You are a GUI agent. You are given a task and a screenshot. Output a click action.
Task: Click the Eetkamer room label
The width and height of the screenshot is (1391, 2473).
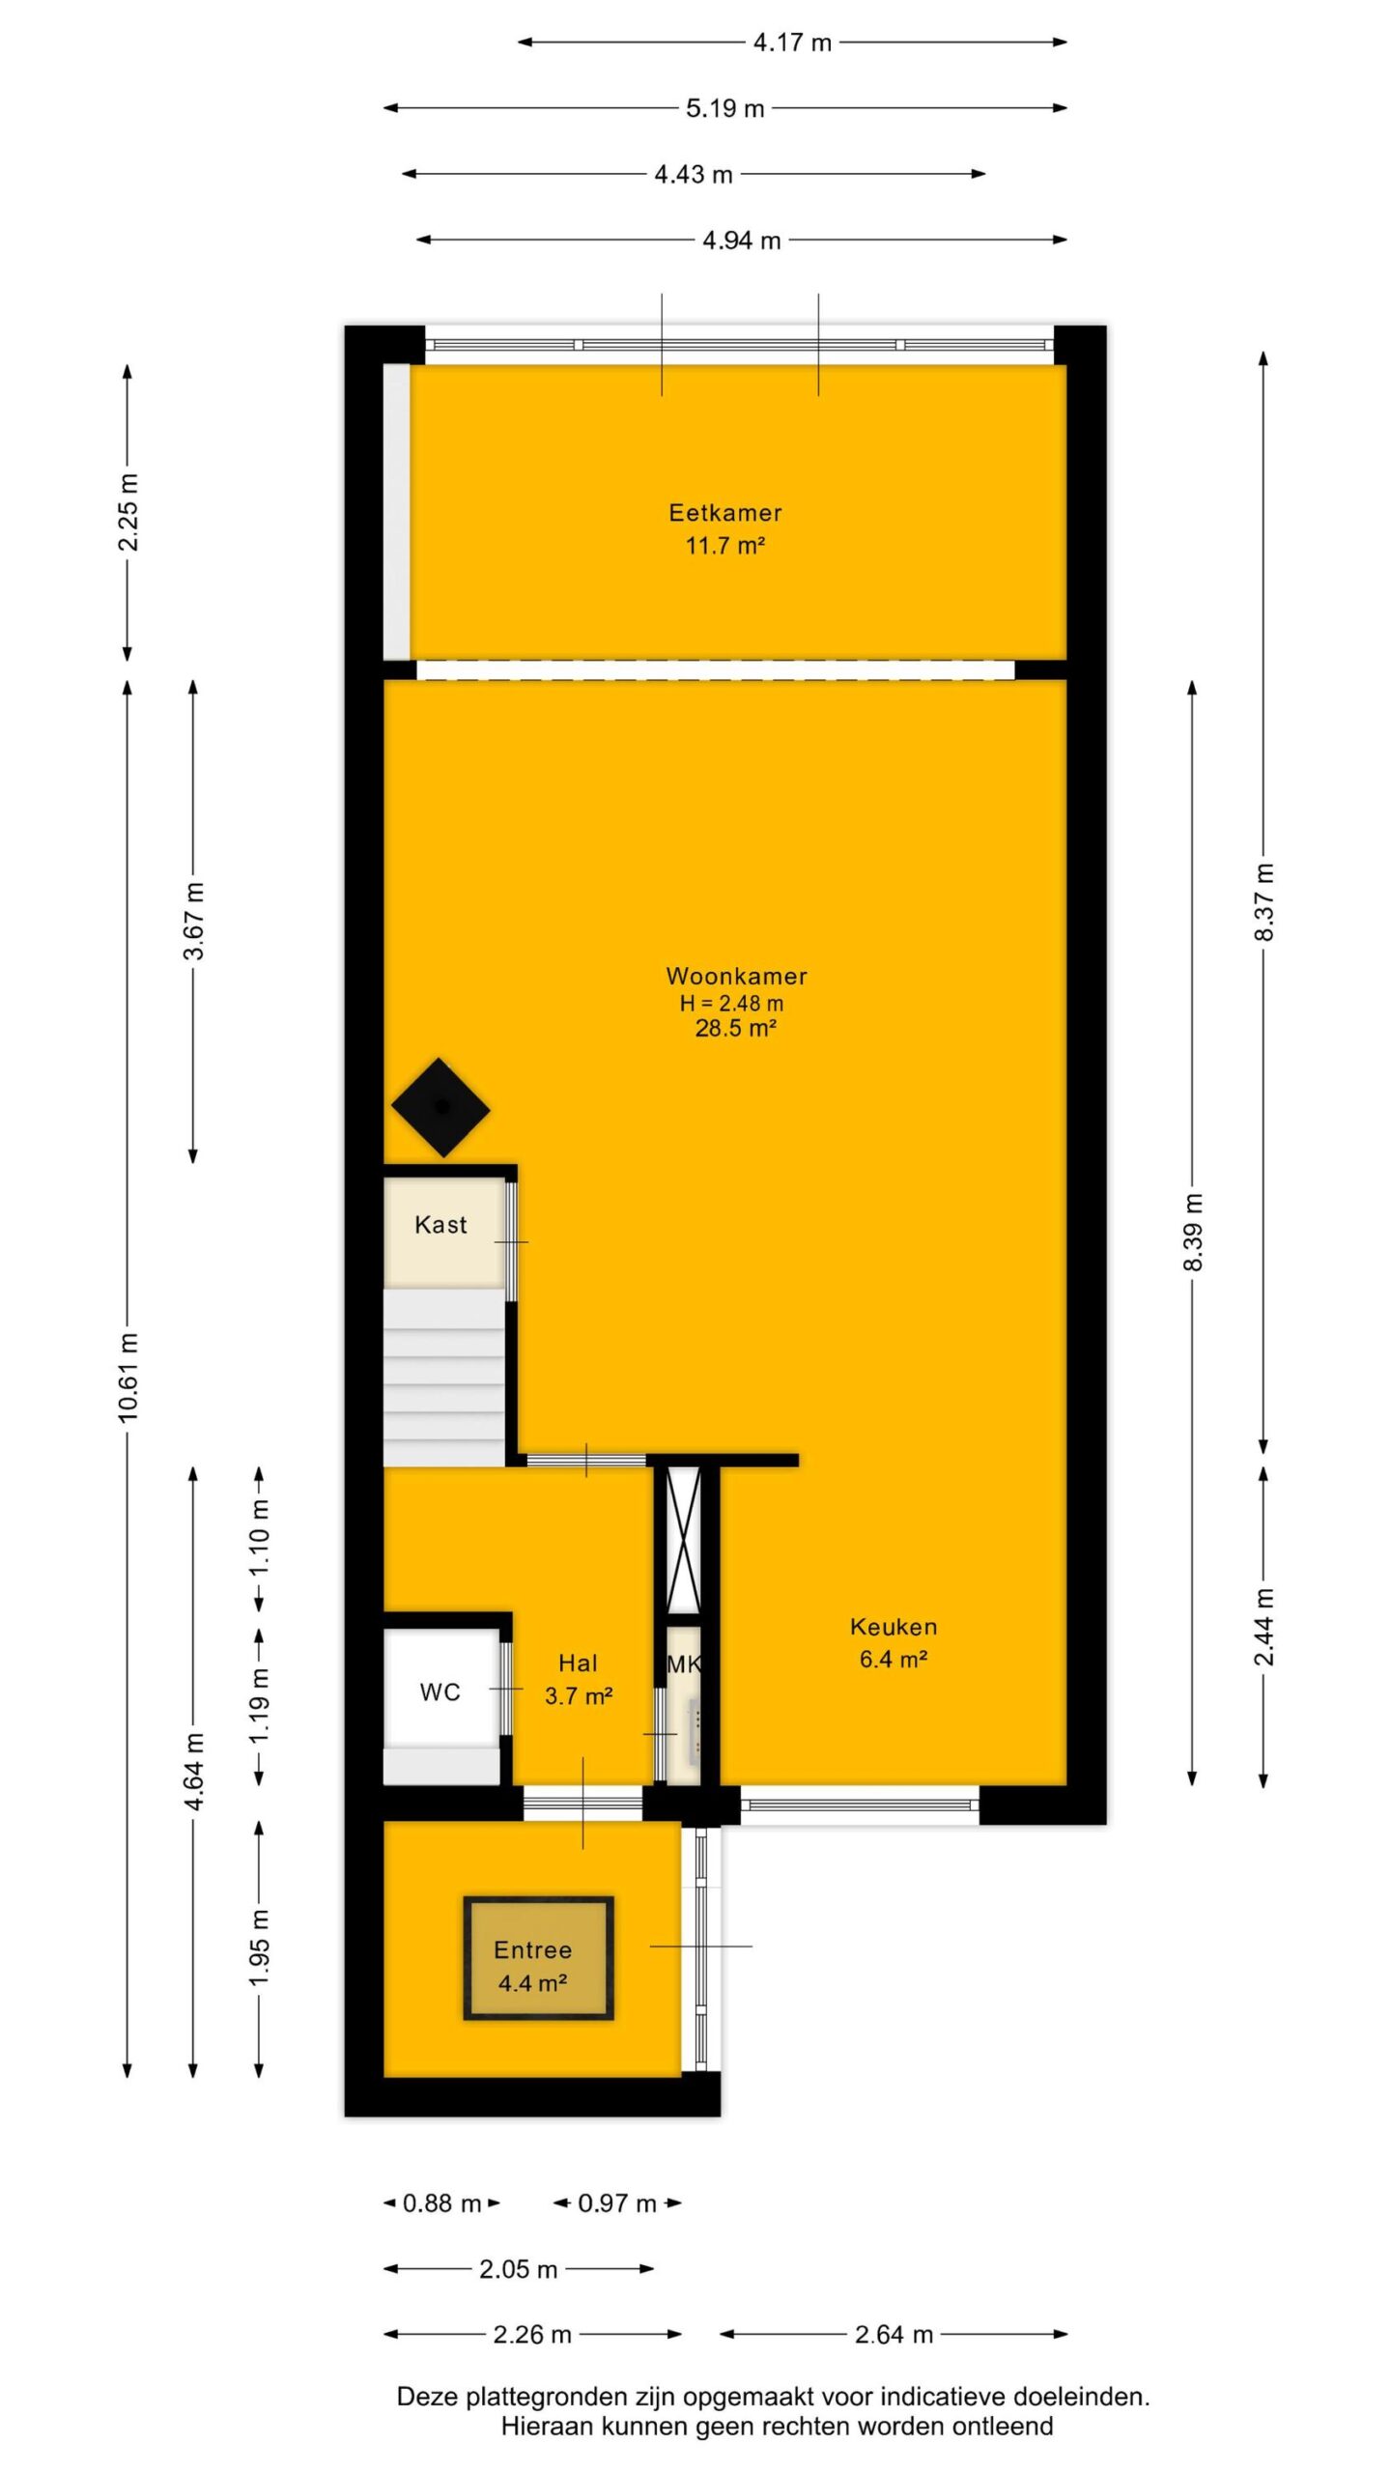point(725,512)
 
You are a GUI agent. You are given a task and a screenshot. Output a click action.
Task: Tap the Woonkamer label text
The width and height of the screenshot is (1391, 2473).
point(736,976)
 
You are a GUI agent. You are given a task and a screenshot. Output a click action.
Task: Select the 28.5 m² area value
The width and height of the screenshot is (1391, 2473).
point(736,1028)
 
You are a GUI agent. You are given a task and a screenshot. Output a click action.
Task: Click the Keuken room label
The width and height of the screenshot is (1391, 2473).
point(894,1626)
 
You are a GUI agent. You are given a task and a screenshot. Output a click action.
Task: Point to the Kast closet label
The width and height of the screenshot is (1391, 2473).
point(440,1224)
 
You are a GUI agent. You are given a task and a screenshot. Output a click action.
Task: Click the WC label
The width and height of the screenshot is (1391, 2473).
point(440,1691)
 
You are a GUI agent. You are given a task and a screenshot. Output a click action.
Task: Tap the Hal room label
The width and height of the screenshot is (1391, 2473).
point(578,1663)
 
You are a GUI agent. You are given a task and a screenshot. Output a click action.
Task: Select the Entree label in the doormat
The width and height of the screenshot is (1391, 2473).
point(532,1949)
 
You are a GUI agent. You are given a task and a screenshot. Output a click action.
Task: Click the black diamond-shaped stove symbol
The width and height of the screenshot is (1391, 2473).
point(441,1107)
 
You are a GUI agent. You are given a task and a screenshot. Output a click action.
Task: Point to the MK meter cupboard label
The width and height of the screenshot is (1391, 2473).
point(684,1663)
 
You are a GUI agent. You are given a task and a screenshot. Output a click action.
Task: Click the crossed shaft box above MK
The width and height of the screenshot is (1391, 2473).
point(684,1540)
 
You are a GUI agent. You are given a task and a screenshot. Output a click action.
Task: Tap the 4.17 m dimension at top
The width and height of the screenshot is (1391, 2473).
point(792,43)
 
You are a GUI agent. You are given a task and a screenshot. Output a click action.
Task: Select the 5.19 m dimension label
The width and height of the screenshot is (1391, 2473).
point(724,108)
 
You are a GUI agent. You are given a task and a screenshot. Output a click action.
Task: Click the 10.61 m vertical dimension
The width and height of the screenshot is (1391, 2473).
point(128,1377)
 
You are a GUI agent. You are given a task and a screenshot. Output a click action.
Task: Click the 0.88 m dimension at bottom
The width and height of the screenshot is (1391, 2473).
point(441,2203)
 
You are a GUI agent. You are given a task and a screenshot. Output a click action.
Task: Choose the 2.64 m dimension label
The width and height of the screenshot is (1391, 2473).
point(894,2334)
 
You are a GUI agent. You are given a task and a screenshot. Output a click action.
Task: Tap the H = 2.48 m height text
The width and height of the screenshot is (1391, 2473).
point(731,1003)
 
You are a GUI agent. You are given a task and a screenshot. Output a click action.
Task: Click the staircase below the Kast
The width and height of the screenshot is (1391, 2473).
point(444,1377)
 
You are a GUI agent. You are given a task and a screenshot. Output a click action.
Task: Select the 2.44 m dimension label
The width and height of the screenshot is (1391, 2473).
point(1264,1627)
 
